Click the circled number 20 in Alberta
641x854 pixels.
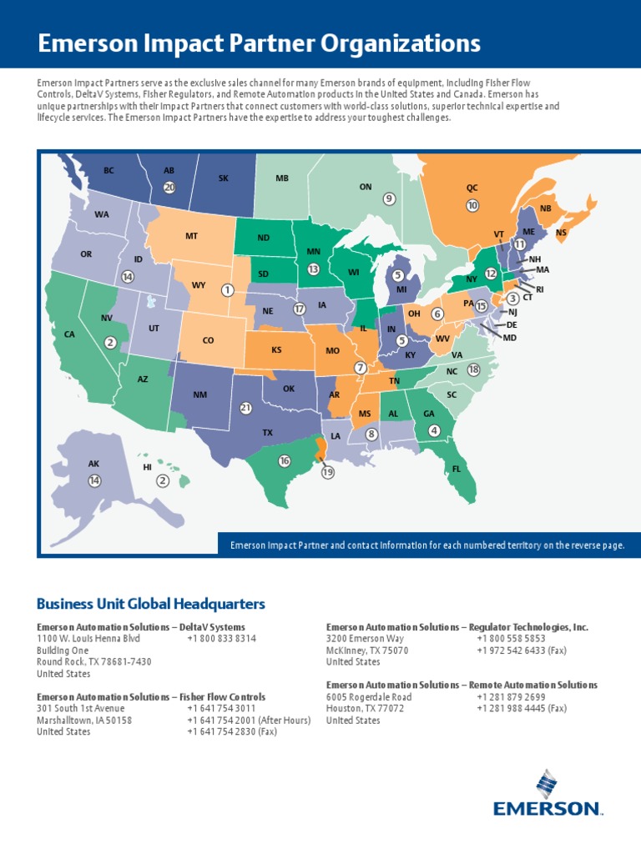169,188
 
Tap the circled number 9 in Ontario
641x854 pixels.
389,198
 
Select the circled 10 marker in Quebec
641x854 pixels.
472,205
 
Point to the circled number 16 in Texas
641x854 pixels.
285,461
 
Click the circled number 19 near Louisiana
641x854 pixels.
327,472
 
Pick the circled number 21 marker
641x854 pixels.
245,408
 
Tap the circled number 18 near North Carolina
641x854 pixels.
474,369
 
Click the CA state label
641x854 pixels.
69,334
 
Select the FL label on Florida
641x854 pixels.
457,469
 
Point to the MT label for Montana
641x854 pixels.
191,236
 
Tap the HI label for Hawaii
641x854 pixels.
147,468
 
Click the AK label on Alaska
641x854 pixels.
93,464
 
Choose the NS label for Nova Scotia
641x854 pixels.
561,233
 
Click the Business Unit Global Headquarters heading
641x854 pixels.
150,603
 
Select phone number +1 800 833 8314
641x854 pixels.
221,639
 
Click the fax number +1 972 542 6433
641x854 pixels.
522,651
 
